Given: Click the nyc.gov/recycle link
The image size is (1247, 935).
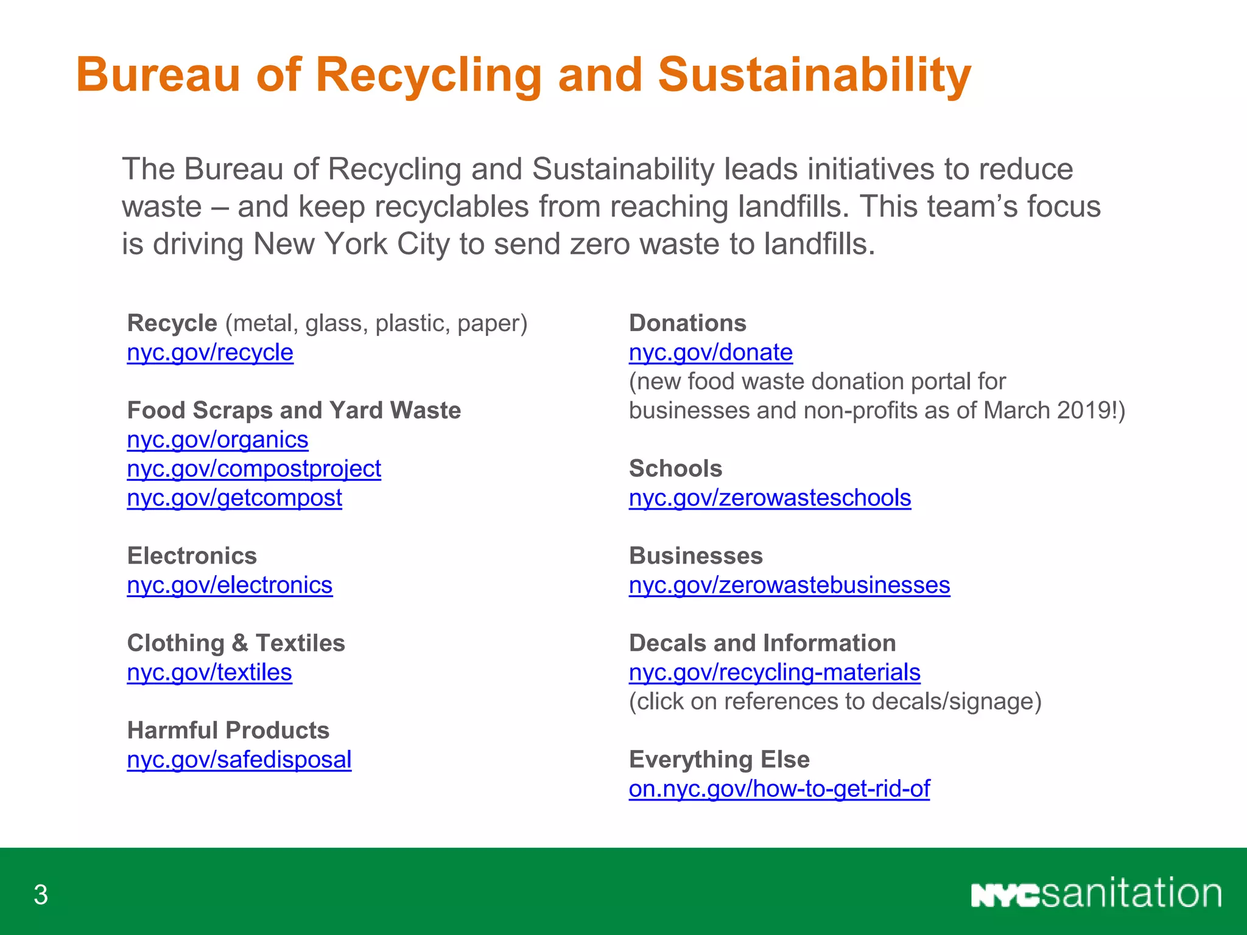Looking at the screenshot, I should tap(210, 352).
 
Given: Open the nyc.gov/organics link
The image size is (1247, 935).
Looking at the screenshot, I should tap(217, 439).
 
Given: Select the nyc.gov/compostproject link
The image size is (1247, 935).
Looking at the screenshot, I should tap(254, 469).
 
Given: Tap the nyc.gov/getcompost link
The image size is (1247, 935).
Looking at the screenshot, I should tap(234, 498).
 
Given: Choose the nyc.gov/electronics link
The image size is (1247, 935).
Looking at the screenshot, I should tap(230, 585).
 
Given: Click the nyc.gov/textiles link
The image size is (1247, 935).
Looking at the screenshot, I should tap(209, 672).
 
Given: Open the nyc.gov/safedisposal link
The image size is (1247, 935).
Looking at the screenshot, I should tap(239, 760).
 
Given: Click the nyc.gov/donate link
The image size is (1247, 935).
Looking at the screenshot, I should tap(711, 352).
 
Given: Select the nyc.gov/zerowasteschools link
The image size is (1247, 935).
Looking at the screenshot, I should tap(770, 498).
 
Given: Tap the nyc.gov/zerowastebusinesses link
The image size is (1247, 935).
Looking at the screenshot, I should tap(789, 585).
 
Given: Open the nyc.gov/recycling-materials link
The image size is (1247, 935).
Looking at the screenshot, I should tap(775, 672).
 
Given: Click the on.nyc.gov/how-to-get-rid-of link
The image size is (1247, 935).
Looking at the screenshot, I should tap(779, 789).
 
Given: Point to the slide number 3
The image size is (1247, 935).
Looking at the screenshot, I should tap(41, 895).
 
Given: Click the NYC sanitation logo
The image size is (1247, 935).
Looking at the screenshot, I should tap(1096, 894).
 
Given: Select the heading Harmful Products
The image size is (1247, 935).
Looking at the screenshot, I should tap(228, 730).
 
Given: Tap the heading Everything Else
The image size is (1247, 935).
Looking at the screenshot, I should tap(719, 760).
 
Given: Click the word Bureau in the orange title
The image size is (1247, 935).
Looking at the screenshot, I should tap(158, 75).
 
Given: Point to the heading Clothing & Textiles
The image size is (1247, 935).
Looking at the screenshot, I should tap(236, 643).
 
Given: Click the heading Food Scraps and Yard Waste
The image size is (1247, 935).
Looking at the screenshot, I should tap(294, 410).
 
